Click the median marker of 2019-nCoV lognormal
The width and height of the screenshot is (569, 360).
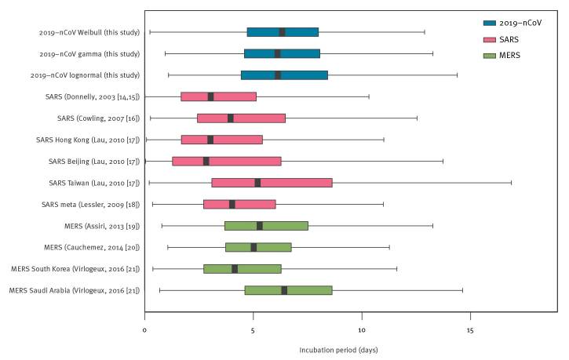278,75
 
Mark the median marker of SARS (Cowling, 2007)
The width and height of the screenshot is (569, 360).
230,118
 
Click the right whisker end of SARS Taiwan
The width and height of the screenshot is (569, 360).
512,183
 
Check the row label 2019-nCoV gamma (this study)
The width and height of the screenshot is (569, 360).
89,54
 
